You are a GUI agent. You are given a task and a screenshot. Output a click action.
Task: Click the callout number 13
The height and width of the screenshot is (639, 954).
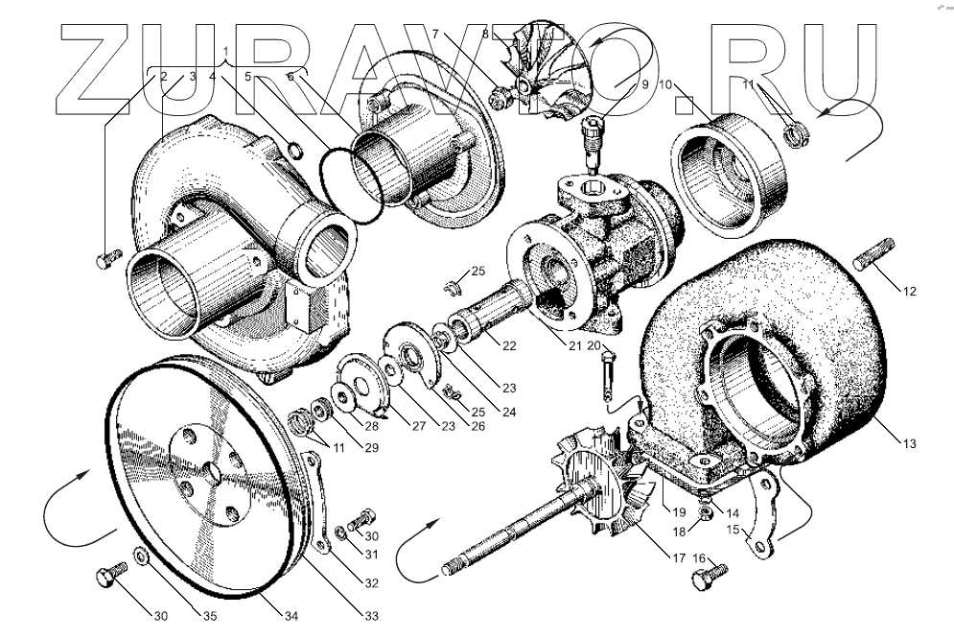(x=909, y=443)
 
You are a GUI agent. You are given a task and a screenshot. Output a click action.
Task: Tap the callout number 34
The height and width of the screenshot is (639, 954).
(x=291, y=616)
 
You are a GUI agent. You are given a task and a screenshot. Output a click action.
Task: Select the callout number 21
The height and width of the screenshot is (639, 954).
(x=575, y=346)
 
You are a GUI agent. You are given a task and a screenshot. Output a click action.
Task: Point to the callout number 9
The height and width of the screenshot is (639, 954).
(x=645, y=84)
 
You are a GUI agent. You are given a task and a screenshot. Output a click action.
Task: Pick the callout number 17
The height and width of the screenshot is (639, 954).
(x=680, y=556)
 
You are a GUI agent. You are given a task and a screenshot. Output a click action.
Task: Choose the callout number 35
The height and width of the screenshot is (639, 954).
(x=210, y=616)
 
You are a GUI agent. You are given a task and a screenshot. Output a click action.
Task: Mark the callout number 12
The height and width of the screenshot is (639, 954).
(x=909, y=292)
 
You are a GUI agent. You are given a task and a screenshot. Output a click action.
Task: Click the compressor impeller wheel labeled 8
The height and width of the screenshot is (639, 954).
(x=544, y=70)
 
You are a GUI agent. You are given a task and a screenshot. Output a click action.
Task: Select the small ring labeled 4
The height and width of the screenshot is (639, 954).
(x=294, y=150)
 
